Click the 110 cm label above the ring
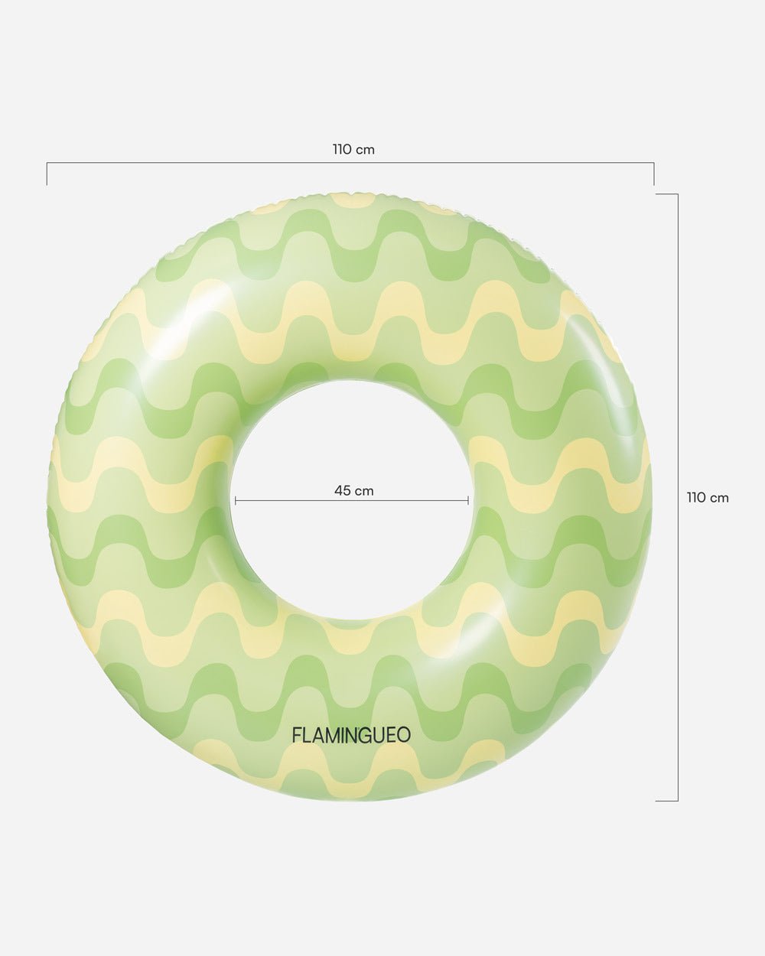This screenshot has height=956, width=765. (353, 150)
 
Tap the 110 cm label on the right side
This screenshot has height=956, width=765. (708, 498)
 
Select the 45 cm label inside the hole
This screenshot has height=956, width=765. (353, 491)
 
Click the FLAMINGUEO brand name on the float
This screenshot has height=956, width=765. (351, 735)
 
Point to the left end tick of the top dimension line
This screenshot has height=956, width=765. (47, 174)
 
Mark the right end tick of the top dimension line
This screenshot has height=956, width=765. (654, 174)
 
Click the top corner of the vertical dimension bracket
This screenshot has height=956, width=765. (677, 194)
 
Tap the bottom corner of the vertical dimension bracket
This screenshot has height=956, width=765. (677, 801)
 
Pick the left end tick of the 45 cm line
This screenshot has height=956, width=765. (236, 501)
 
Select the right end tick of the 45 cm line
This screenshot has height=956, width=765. (468, 501)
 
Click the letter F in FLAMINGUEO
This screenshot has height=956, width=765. (297, 735)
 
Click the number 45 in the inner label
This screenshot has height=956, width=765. (342, 491)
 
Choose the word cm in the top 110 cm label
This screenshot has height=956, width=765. (365, 150)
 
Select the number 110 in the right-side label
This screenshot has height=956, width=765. (696, 498)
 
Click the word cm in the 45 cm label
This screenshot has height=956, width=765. (364, 491)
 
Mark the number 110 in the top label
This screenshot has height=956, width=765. (342, 150)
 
